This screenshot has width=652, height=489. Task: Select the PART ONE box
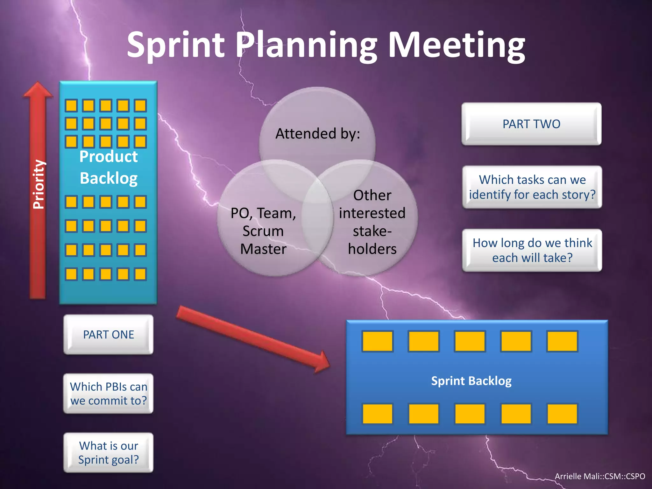coord(108,335)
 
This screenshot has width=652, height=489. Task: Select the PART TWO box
coord(531,124)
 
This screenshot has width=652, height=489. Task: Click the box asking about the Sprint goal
coord(108,452)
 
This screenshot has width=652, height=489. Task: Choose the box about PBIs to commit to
coord(108,393)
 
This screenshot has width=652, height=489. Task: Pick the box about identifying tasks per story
coord(532,187)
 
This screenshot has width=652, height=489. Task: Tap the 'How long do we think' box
coord(532,250)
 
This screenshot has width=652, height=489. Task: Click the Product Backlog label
coord(108,167)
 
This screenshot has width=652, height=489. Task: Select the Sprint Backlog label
coord(471,381)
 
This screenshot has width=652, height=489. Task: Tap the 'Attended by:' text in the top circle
coord(317,134)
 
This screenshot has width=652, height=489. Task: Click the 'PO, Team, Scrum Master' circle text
coord(263,231)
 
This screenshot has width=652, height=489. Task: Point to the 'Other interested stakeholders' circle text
coord(372,222)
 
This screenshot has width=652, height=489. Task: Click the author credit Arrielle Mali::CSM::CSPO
coord(600,476)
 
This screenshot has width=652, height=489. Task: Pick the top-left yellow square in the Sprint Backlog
coord(378,341)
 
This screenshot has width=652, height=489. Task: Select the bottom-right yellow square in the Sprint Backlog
coord(562,414)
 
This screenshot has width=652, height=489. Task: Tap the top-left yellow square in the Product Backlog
coord(71,105)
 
